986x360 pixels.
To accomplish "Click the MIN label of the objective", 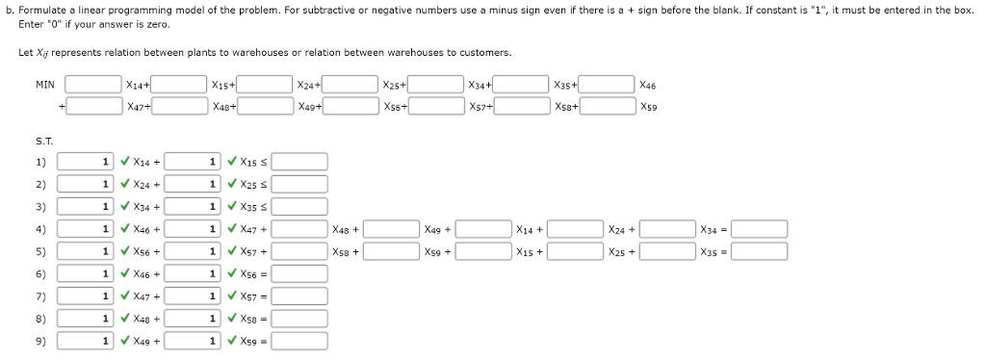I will [44, 85].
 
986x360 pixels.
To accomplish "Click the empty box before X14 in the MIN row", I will [92, 85].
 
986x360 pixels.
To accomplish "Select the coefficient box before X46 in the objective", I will [607, 85].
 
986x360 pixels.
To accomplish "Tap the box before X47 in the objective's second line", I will [92, 106].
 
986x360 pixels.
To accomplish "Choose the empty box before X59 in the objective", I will [607, 106].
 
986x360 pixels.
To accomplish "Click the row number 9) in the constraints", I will [40, 340].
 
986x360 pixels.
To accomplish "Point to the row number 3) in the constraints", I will [40, 206].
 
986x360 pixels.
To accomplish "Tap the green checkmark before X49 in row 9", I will [126, 340].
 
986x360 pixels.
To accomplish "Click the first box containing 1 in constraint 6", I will [86, 273].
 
